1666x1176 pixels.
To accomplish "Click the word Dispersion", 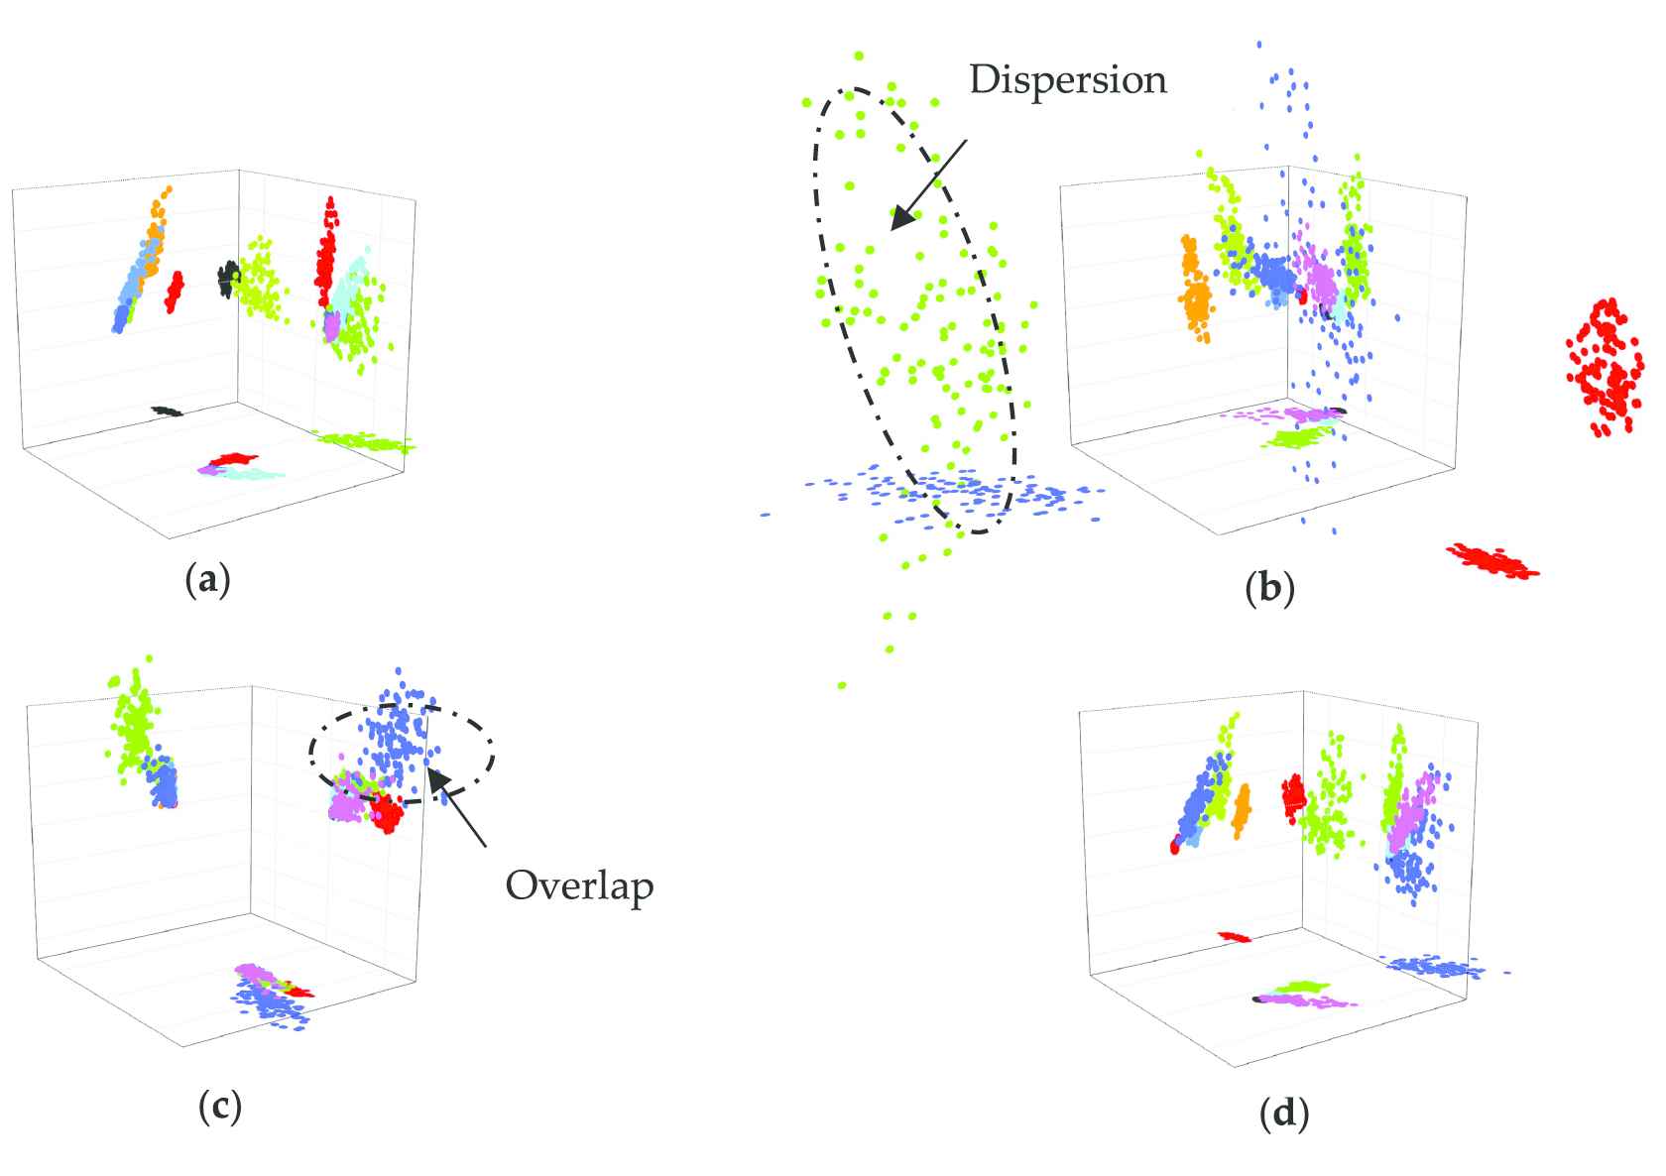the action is pos(1068,80).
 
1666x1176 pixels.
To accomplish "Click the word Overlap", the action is pos(579,887).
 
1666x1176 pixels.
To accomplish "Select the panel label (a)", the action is pos(207,580).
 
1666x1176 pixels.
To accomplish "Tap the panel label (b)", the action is pos(1269,588).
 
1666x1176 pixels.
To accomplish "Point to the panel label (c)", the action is pos(220,1108).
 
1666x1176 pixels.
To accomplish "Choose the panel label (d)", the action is pos(1284,1114).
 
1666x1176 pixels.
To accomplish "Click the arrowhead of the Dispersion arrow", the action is pos(902,216).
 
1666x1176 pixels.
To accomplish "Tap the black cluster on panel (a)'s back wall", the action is pos(227,280).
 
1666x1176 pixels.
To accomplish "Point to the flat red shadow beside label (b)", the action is pos(1491,560).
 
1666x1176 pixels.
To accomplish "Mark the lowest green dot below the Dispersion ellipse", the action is pos(841,686).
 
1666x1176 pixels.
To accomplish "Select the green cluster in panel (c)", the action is pos(133,718).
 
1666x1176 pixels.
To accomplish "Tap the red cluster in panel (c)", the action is pos(386,812).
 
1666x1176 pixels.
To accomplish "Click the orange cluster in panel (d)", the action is pos(1241,811).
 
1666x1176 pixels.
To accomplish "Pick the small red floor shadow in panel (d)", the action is pos(1235,936).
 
